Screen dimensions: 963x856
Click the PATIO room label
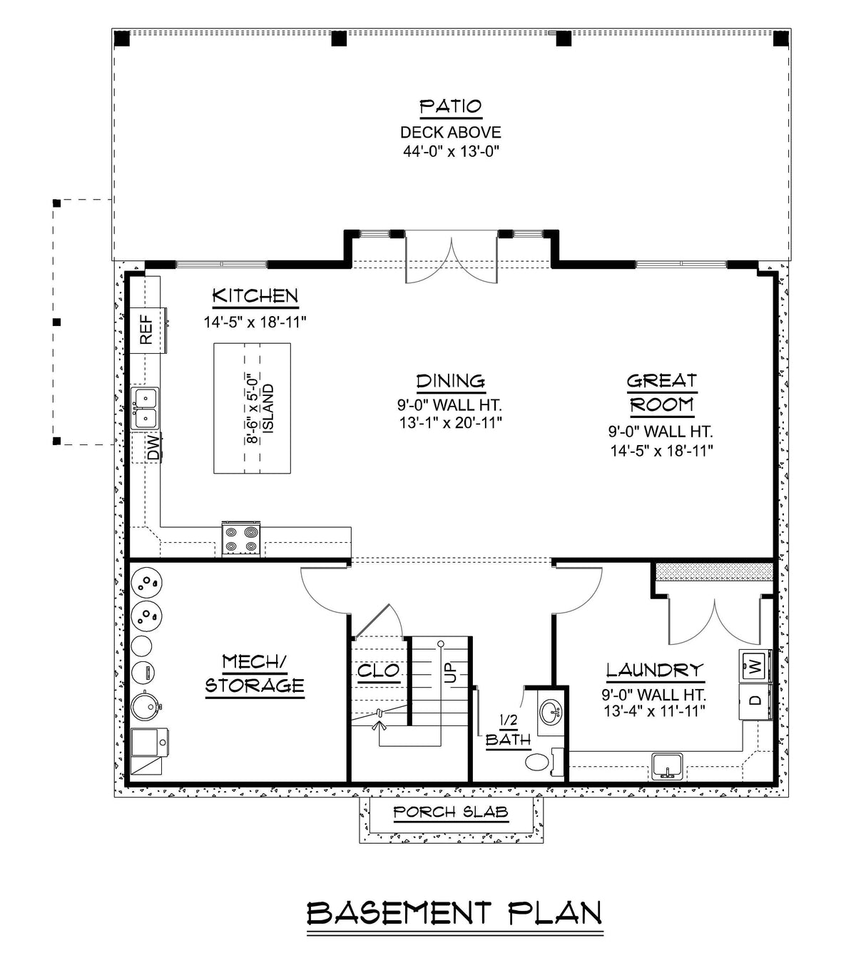pos(450,107)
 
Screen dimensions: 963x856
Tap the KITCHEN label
pos(255,296)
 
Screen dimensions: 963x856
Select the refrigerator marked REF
pos(147,330)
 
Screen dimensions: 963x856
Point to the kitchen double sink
pos(145,407)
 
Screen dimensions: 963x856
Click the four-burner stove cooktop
pos(241,538)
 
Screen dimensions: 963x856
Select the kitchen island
pos(253,408)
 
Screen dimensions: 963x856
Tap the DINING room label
pos(450,381)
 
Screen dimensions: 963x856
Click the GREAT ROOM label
pos(661,393)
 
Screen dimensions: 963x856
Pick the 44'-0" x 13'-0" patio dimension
pos(450,151)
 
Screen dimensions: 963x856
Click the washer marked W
pos(754,666)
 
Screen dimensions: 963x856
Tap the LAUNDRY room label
pos(654,671)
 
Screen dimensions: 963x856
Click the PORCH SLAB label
pos(451,812)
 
